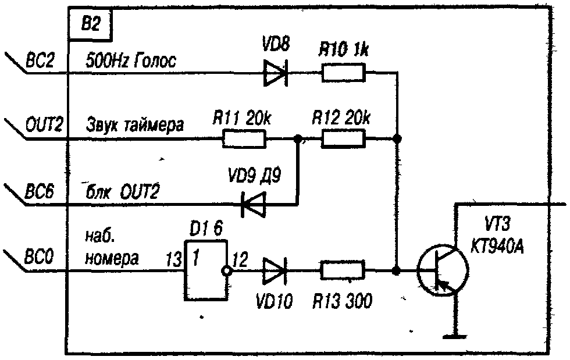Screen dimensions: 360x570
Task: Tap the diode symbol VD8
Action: pyautogui.click(x=276, y=73)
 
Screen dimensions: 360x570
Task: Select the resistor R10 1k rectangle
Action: pyautogui.click(x=343, y=73)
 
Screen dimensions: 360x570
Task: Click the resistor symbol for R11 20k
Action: pyautogui.click(x=244, y=139)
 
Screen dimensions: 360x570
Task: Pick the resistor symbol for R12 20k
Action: pyautogui.click(x=343, y=139)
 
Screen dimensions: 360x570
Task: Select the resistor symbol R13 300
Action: pyautogui.click(x=343, y=270)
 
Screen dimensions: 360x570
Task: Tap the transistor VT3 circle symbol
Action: pyautogui.click(x=443, y=271)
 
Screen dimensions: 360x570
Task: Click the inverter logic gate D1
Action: pyautogui.click(x=205, y=270)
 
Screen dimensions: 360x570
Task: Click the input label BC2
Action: pyautogui.click(x=40, y=60)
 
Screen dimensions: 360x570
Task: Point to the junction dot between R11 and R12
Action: pyautogui.click(x=299, y=139)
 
